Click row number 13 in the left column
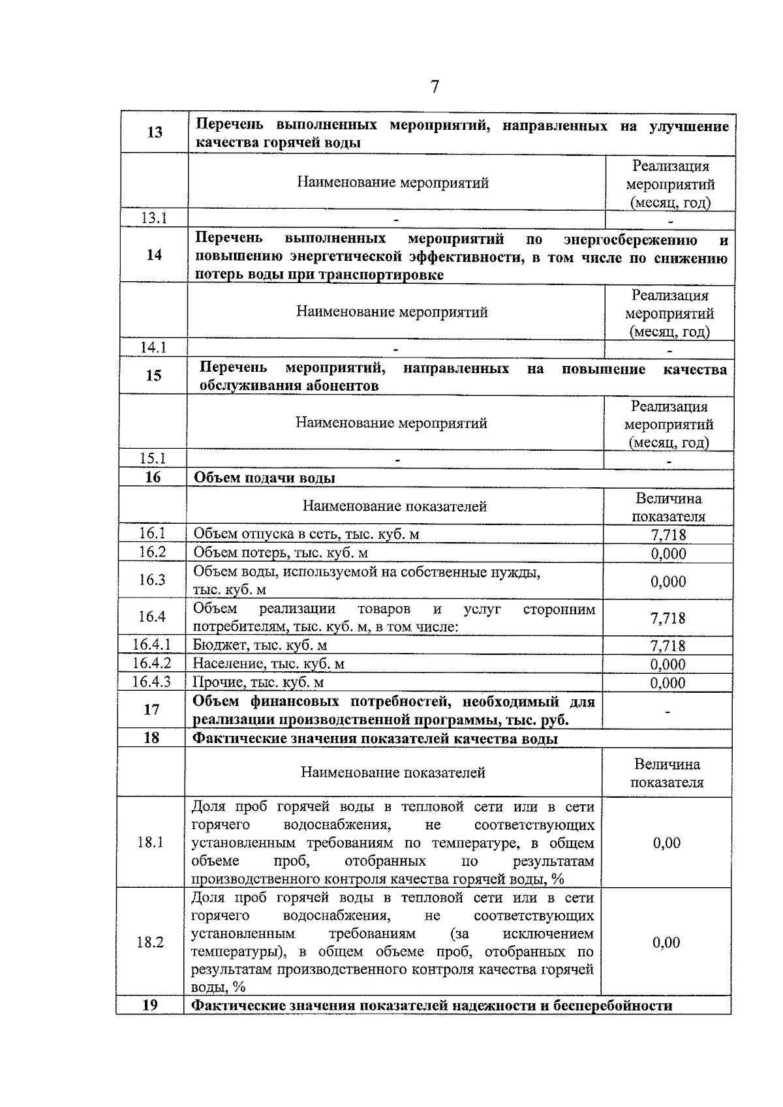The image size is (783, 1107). click(x=155, y=132)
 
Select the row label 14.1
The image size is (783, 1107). click(x=154, y=348)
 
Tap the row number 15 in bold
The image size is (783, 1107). click(x=153, y=376)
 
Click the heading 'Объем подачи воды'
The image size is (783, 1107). click(x=265, y=478)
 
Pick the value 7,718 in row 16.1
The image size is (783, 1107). click(x=669, y=536)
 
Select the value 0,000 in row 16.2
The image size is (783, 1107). click(x=669, y=554)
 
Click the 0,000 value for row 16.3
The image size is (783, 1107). click(x=668, y=581)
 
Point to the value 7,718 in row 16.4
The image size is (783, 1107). click(x=668, y=618)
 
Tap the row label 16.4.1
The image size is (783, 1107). click(x=152, y=645)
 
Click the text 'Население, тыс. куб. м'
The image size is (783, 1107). click(x=269, y=664)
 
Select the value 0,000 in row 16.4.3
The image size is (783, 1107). click(x=668, y=683)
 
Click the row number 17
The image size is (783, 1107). click(x=151, y=710)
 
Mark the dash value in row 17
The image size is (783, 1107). click(x=667, y=711)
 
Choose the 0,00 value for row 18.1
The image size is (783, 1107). click(x=667, y=843)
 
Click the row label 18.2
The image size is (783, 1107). click(x=150, y=943)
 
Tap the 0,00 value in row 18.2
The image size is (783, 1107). click(x=666, y=943)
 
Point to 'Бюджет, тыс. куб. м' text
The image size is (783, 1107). click(x=260, y=646)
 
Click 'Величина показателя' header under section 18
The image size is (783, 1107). click(x=667, y=773)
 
